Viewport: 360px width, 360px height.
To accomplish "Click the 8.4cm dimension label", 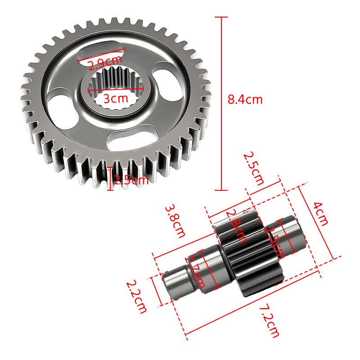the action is pos(245,99).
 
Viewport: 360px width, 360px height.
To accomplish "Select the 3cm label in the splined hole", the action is pos(116,98).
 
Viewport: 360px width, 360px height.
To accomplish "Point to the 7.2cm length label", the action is pos(269,320).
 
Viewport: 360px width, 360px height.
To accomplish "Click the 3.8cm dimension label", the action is pos(175,221).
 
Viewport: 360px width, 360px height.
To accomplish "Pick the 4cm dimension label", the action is pos(320,214).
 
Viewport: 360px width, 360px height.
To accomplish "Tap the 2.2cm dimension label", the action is pos(136,297).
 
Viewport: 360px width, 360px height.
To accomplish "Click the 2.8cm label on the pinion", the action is pos(236,226).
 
